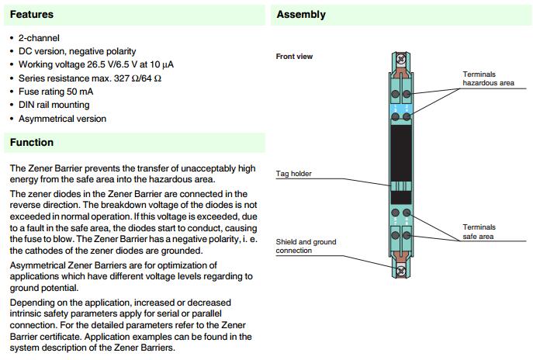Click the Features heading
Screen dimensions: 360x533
tap(32, 14)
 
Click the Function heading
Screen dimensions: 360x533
tap(32, 142)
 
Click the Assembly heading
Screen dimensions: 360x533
tap(301, 14)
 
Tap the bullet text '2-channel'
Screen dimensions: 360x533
tap(39, 38)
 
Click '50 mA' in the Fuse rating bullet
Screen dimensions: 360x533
tap(86, 92)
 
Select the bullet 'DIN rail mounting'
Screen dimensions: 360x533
tap(54, 105)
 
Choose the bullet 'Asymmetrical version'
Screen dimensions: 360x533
tap(62, 119)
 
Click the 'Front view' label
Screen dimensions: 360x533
tap(294, 57)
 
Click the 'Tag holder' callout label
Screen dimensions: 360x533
tap(294, 174)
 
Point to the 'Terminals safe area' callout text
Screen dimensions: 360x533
tap(479, 231)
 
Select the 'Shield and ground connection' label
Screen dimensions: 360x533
tap(306, 246)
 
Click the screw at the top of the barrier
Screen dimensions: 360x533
tap(401, 58)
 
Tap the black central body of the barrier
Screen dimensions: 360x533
tap(401, 151)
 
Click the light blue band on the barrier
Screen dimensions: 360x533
tap(401, 106)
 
